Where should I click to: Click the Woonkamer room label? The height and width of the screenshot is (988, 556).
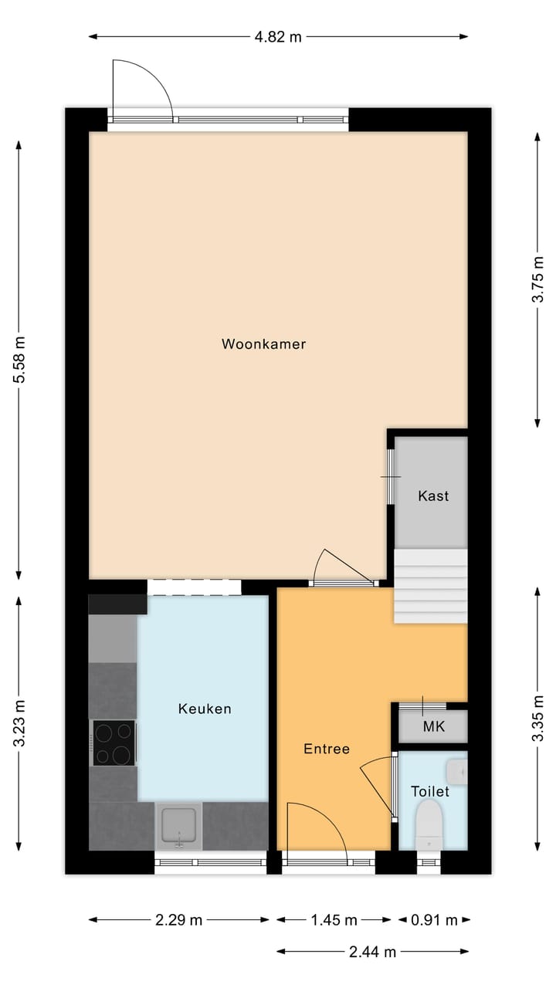click(x=263, y=344)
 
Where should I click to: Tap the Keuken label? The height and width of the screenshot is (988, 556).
click(x=205, y=709)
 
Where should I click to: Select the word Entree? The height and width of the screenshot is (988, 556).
click(x=327, y=749)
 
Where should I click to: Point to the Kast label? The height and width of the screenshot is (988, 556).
click(x=433, y=496)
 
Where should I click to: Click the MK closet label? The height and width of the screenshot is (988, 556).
click(x=433, y=727)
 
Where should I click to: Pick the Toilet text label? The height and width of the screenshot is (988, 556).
click(x=430, y=791)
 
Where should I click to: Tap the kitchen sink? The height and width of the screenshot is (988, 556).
click(x=179, y=826)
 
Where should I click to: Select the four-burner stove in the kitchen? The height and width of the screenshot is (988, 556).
click(x=114, y=743)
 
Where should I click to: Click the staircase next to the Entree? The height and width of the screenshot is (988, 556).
click(x=431, y=587)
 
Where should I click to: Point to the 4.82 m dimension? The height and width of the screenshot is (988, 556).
click(x=278, y=36)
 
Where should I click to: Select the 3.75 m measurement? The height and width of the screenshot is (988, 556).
click(x=538, y=279)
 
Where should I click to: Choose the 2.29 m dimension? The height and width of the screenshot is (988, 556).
click(x=179, y=920)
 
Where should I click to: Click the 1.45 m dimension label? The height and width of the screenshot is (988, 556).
click(x=334, y=920)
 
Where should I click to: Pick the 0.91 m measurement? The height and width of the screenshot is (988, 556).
click(x=435, y=920)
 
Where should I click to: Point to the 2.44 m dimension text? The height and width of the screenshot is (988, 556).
click(x=373, y=952)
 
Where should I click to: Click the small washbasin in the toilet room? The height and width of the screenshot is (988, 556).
click(x=459, y=770)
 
